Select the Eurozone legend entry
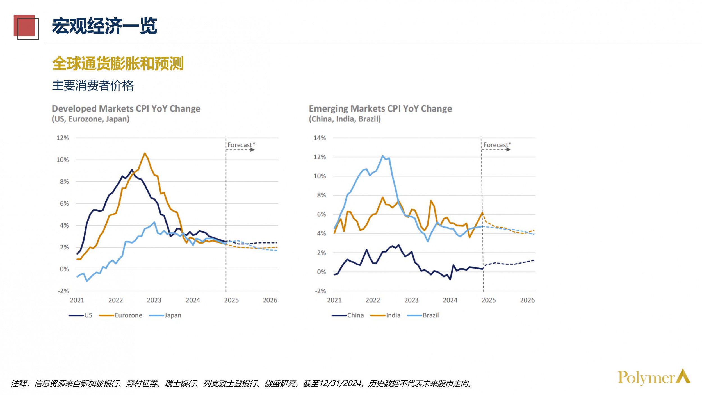point(121,315)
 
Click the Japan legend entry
point(165,315)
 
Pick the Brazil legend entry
point(423,315)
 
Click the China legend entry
point(348,315)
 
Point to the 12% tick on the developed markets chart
point(62,138)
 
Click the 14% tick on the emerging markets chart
point(320,138)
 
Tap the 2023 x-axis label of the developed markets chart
point(154,300)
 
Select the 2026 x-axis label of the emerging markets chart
point(527,300)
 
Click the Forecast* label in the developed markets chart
point(241,145)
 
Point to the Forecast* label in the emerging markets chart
point(497,145)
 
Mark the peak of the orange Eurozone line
point(145,153)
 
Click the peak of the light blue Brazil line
point(383,156)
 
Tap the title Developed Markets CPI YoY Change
point(126,109)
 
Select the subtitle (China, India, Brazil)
point(345,119)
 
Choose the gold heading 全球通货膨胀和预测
point(118,63)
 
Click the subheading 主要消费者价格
point(93,85)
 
